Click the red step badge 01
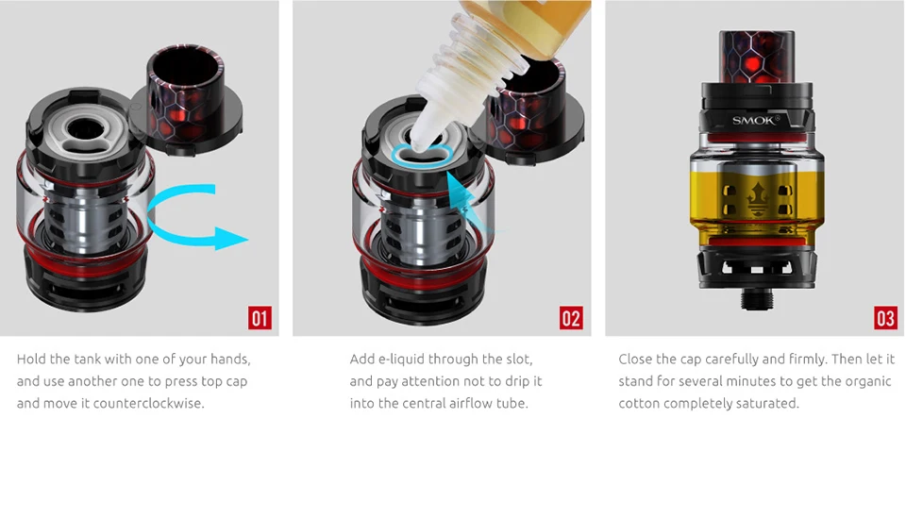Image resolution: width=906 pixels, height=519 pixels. tap(260, 318)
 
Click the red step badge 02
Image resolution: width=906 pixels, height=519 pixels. tap(571, 318)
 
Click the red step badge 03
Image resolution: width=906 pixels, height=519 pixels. tap(885, 318)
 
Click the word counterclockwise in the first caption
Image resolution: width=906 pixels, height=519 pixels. tap(148, 404)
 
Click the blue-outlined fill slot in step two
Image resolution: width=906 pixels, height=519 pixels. tap(422, 155)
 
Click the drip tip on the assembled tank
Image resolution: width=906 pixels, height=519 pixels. tap(757, 57)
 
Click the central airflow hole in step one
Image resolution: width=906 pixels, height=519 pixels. tap(86, 127)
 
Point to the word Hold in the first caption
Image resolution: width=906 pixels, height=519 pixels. tap(30, 360)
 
